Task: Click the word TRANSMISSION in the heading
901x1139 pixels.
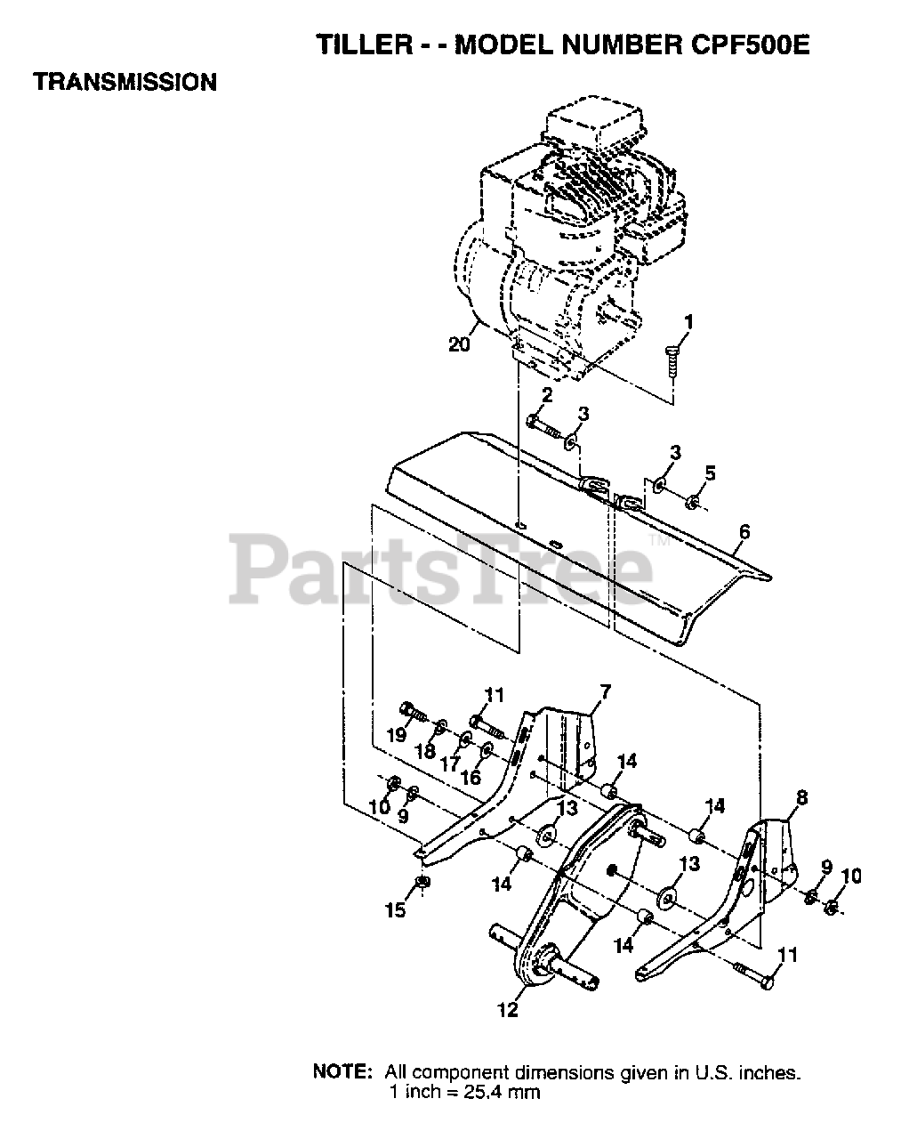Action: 125,83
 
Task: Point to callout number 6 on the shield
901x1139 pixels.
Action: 744,532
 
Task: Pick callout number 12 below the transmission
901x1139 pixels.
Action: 507,1010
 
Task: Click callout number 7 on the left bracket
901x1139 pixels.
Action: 605,691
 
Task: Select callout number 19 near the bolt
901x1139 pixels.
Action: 396,735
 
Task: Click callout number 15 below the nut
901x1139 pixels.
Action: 395,909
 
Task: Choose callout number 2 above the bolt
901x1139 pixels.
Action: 547,394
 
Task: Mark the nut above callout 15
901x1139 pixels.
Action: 423,883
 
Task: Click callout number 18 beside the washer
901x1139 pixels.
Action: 424,751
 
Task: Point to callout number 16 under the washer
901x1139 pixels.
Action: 470,777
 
